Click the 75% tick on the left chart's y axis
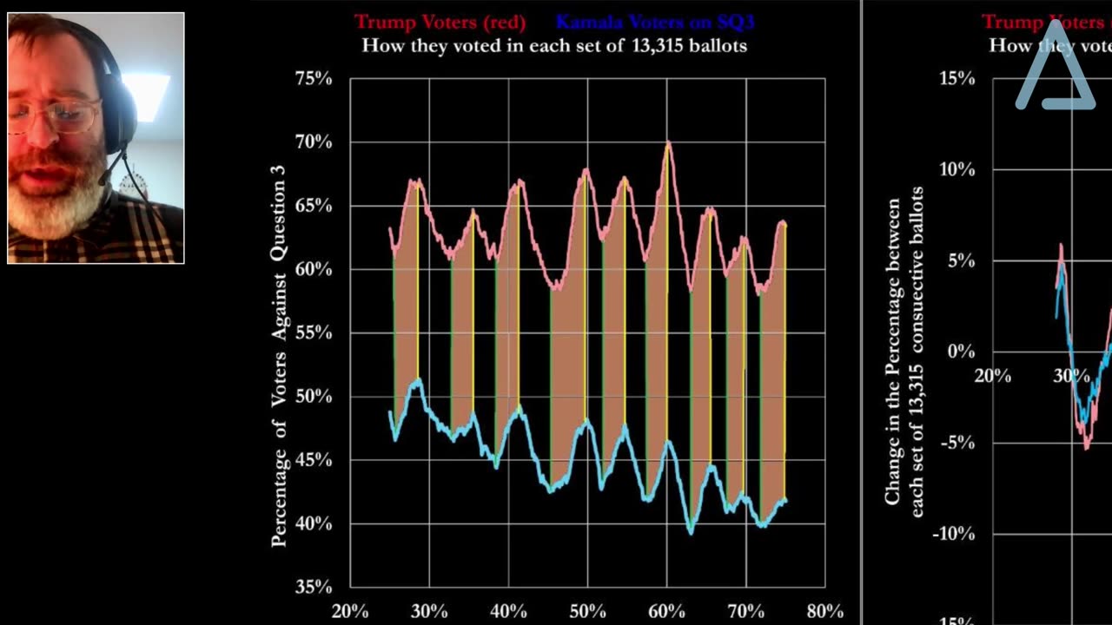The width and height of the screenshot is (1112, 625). tap(314, 79)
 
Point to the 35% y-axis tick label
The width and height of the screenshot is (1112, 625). tap(314, 587)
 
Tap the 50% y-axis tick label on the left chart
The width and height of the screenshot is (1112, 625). tap(314, 397)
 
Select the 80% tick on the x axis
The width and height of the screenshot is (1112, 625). tap(824, 610)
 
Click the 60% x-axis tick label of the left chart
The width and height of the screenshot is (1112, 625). tap(665, 610)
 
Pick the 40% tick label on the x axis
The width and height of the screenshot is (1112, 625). tap(508, 610)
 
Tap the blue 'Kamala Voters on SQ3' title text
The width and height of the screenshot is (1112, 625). tap(655, 22)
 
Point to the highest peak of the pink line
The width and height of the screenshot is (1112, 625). tap(668, 143)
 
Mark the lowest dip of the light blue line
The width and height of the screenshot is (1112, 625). tap(691, 532)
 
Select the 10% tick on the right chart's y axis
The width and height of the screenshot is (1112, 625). tap(956, 170)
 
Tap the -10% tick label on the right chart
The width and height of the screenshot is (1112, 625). tap(954, 535)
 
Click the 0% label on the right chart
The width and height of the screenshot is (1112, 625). tap(961, 352)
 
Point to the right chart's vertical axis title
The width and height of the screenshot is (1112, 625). tap(904, 356)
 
